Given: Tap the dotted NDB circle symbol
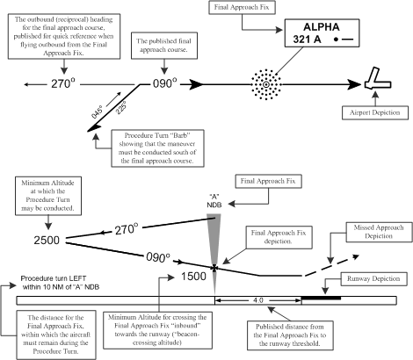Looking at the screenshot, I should tap(264, 85).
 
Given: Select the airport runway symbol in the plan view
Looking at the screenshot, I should tap(380, 81).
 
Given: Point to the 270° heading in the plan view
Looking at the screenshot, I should tap(49, 84).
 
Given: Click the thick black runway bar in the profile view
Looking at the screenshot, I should tap(320, 298).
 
